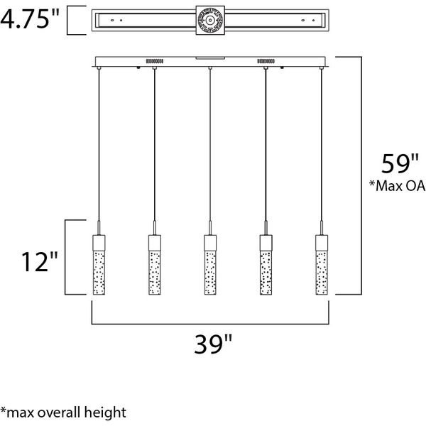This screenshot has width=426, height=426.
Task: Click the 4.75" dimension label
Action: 29,18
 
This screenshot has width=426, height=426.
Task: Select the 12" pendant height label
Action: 40,261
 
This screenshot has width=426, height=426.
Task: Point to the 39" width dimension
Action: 213,344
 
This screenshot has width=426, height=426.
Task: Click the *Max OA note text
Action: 397,186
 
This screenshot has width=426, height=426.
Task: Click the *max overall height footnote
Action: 63,413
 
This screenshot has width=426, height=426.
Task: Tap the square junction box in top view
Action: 210,21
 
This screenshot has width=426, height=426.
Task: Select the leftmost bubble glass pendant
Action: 99,265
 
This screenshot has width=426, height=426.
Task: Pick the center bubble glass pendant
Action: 210,265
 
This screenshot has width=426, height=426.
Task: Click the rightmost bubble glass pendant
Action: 322,265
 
